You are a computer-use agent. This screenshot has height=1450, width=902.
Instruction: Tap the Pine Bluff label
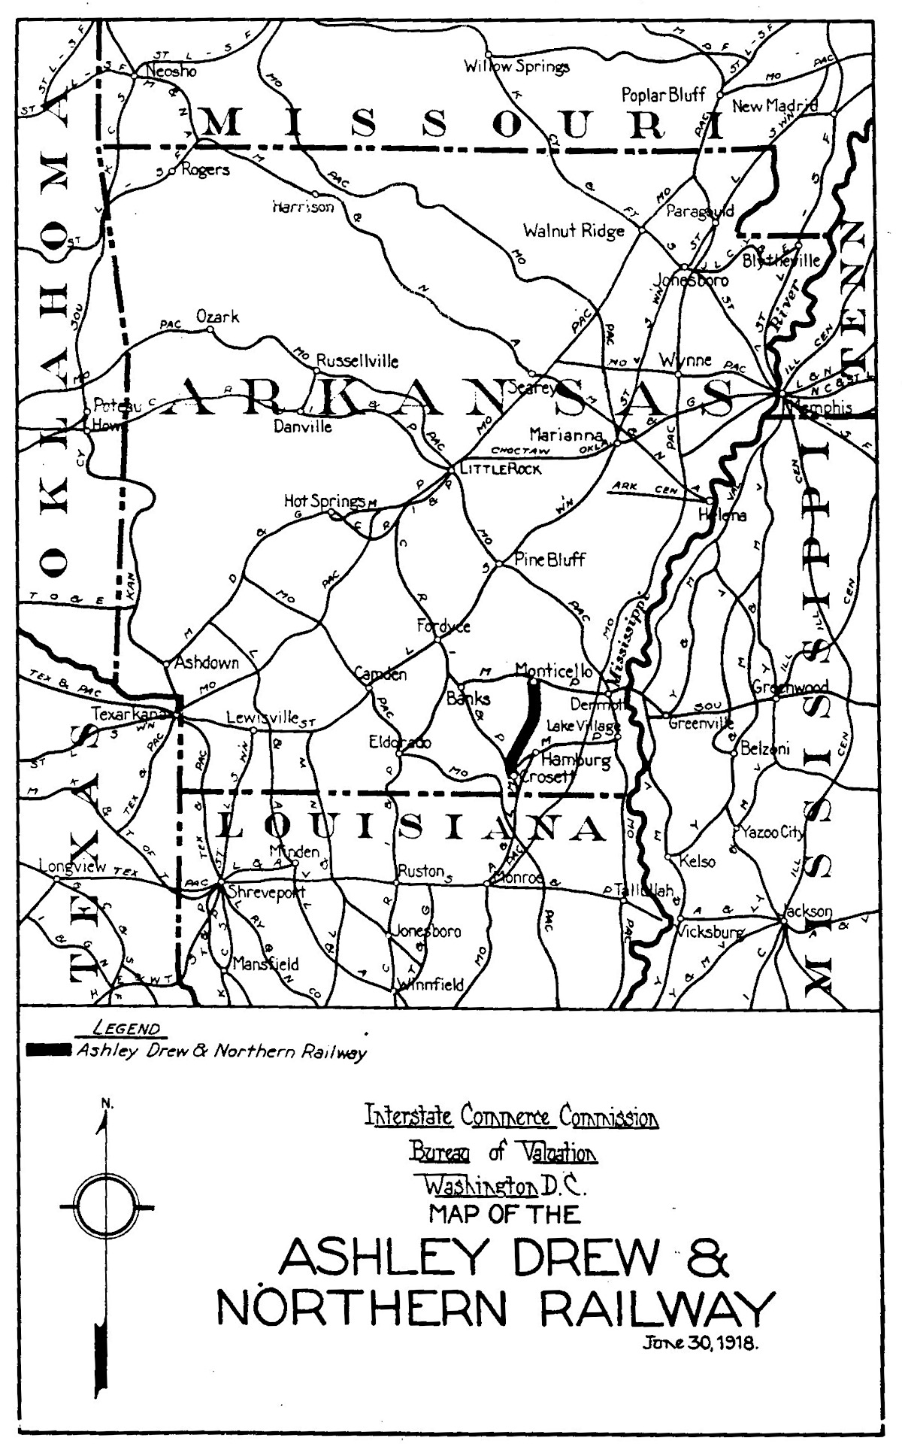pyautogui.click(x=549, y=560)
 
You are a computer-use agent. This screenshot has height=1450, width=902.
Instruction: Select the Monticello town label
pyautogui.click(x=554, y=670)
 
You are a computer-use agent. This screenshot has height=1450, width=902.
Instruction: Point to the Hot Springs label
pyautogui.click(x=324, y=500)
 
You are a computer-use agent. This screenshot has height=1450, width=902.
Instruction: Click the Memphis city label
pyautogui.click(x=821, y=409)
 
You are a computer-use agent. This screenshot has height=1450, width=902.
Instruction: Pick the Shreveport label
pyautogui.click(x=260, y=893)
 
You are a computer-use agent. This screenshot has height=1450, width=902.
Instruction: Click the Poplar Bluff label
pyautogui.click(x=663, y=96)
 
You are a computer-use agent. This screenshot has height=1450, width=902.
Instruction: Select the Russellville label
pyautogui.click(x=357, y=361)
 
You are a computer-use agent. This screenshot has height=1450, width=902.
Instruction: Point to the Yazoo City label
pyautogui.click(x=772, y=833)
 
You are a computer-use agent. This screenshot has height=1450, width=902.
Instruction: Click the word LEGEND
pyautogui.click(x=126, y=1029)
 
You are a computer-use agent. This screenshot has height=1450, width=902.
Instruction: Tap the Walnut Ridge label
pyautogui.click(x=574, y=231)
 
